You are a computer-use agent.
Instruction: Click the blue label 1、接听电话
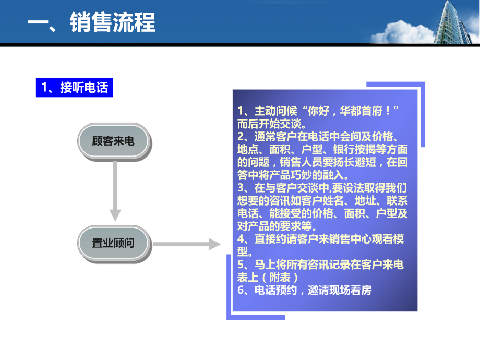click(x=74, y=88)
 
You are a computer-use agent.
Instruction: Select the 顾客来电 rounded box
click(x=113, y=141)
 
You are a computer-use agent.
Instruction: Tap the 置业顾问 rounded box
click(x=113, y=243)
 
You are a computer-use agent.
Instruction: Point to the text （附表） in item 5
click(x=283, y=278)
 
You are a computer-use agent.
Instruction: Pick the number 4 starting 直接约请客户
click(x=240, y=239)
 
